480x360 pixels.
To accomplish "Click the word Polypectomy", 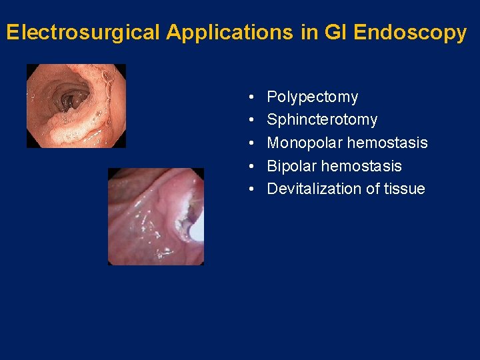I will pos(312,97).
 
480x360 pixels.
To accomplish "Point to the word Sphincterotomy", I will pos(322,120).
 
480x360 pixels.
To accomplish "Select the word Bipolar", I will pos(291,166).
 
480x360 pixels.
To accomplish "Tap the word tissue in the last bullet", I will pos(404,189).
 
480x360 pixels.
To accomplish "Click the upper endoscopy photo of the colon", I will pos(76,105).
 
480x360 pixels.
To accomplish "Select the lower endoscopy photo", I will pos(156,216).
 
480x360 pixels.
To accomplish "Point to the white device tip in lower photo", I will pos(196,229).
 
